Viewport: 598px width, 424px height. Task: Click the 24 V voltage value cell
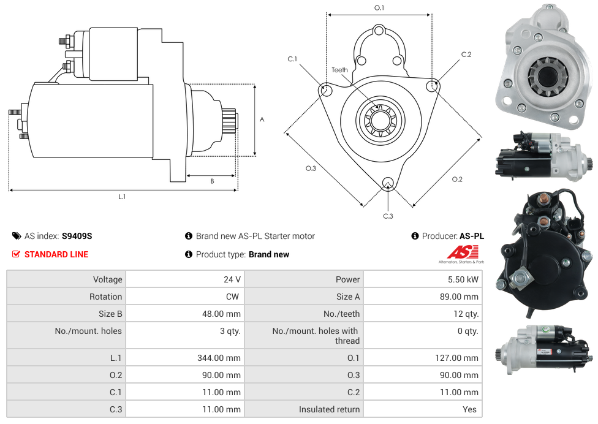(232, 279)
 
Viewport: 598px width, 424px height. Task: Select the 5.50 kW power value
(464, 279)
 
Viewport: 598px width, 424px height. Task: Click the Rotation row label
(105, 297)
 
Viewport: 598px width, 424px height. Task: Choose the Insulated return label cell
(329, 409)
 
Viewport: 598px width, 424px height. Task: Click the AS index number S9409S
(77, 236)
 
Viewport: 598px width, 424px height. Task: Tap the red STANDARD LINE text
(56, 254)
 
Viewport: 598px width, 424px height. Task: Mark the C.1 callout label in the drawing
(292, 59)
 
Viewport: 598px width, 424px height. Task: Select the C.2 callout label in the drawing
(466, 55)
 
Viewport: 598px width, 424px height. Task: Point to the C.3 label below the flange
(388, 216)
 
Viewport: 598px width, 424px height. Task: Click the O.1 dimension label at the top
(379, 8)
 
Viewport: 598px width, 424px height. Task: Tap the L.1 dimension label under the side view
(122, 197)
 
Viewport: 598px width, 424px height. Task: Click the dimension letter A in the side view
(262, 119)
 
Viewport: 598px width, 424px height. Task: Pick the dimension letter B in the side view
(212, 181)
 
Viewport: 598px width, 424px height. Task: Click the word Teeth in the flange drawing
(339, 70)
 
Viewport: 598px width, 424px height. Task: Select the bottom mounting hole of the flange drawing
(387, 183)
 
